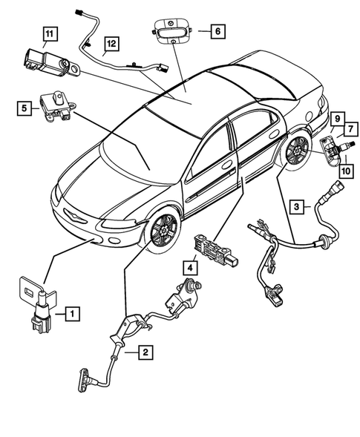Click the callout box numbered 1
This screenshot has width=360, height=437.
click(x=71, y=314)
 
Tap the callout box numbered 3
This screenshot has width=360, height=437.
click(x=295, y=206)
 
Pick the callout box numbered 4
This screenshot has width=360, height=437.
click(x=191, y=267)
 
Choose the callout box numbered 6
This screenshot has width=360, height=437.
click(x=217, y=31)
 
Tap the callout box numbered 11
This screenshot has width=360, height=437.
click(x=48, y=33)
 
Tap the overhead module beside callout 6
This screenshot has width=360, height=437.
click(x=173, y=32)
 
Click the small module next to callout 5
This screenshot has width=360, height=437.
click(x=56, y=102)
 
